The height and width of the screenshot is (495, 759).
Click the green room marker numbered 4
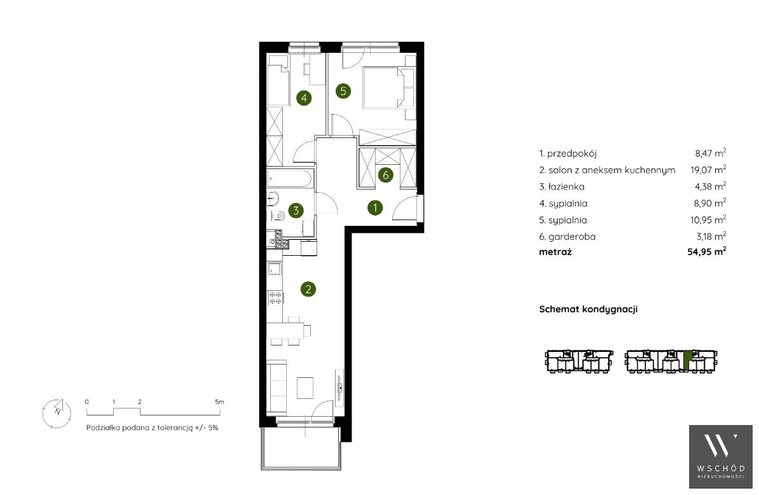point(303,98)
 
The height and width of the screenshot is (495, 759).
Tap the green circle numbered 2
point(308,289)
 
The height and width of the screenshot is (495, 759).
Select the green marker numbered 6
point(386,174)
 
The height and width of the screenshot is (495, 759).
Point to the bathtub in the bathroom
point(289,178)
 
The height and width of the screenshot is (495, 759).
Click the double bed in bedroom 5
point(388,87)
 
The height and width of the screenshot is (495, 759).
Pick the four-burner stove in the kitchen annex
point(275,297)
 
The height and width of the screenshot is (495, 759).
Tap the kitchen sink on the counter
point(275,268)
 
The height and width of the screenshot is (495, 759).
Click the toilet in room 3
point(277,215)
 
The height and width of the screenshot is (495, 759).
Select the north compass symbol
point(57,413)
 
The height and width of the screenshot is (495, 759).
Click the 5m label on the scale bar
point(219,401)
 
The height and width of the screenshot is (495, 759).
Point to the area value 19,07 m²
point(708,169)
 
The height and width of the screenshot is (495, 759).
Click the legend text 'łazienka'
point(566,186)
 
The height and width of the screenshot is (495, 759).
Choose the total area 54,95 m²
point(707,251)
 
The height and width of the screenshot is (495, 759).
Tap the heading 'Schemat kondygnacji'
point(588,309)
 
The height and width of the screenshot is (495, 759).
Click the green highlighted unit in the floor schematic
point(687,360)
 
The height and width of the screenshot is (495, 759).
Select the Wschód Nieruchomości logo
point(721,457)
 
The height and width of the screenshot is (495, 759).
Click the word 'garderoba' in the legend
point(571,237)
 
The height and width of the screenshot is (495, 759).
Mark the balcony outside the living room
point(301,448)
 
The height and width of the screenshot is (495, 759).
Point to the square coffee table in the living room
point(305,388)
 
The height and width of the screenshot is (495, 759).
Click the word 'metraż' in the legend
point(555,252)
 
